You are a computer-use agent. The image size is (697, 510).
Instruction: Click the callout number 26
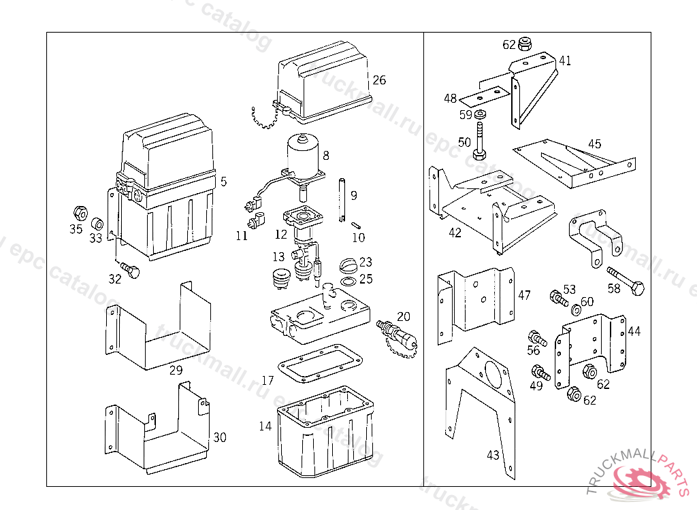tap(379, 80)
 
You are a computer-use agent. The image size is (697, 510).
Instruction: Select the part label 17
tap(268, 381)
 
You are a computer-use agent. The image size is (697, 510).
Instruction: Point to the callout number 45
tap(595, 144)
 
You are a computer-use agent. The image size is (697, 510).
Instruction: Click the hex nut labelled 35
tap(78, 211)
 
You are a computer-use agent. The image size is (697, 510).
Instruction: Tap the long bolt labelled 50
tap(481, 140)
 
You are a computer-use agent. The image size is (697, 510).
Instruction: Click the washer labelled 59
tap(481, 114)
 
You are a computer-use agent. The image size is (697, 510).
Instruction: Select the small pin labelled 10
tap(356, 225)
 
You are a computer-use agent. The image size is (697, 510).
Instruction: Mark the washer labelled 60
tap(576, 310)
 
